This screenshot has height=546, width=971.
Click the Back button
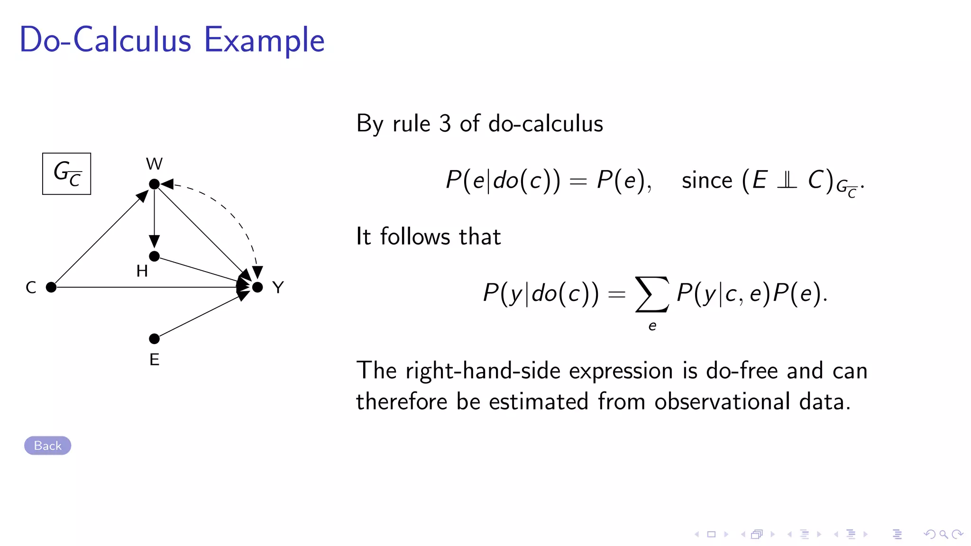click(47, 446)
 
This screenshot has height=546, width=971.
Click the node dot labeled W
click(154, 184)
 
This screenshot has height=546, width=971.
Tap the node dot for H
click(154, 256)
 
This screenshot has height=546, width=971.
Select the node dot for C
click(51, 287)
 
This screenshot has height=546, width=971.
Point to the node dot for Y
click(257, 287)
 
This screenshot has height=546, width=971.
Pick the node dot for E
click(154, 339)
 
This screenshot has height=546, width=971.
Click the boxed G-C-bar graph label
click(66, 173)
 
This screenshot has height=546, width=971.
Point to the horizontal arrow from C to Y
click(142, 287)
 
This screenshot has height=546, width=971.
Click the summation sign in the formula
click(652, 294)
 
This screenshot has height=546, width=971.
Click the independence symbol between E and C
click(787, 181)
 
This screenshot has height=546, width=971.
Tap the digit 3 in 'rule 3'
click(445, 124)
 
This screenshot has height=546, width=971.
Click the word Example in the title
click(264, 40)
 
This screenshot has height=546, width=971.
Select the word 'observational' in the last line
click(722, 401)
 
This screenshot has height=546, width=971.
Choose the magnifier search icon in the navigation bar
click(944, 535)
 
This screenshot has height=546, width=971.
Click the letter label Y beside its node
click(278, 287)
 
